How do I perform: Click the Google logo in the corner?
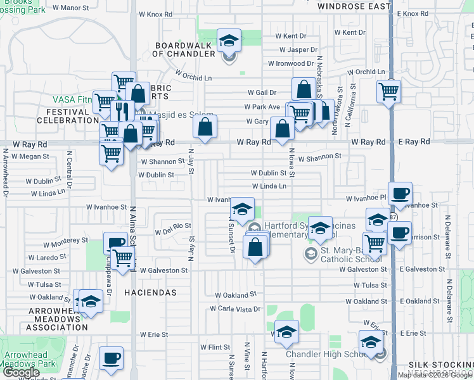(21, 372)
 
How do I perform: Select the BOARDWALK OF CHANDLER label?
(184, 49)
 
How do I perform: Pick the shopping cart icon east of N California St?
(388, 91)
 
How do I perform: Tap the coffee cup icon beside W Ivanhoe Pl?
(400, 194)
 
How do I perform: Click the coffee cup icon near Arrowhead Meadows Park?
(112, 359)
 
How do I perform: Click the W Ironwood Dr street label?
(291, 63)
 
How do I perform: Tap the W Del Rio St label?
(173, 226)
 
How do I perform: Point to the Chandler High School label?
(327, 354)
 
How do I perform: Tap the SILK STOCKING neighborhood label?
(440, 365)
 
